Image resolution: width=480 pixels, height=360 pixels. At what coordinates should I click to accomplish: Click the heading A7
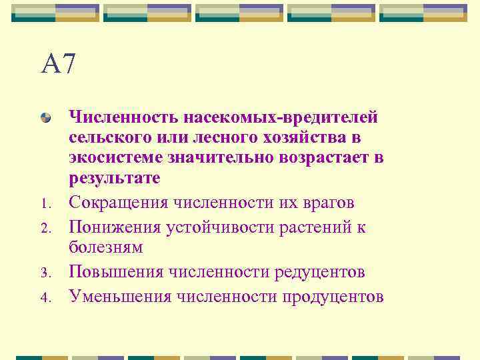point(59,65)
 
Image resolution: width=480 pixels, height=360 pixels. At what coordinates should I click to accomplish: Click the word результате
point(114,179)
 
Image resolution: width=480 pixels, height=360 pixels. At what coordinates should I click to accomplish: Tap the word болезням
point(105,247)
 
